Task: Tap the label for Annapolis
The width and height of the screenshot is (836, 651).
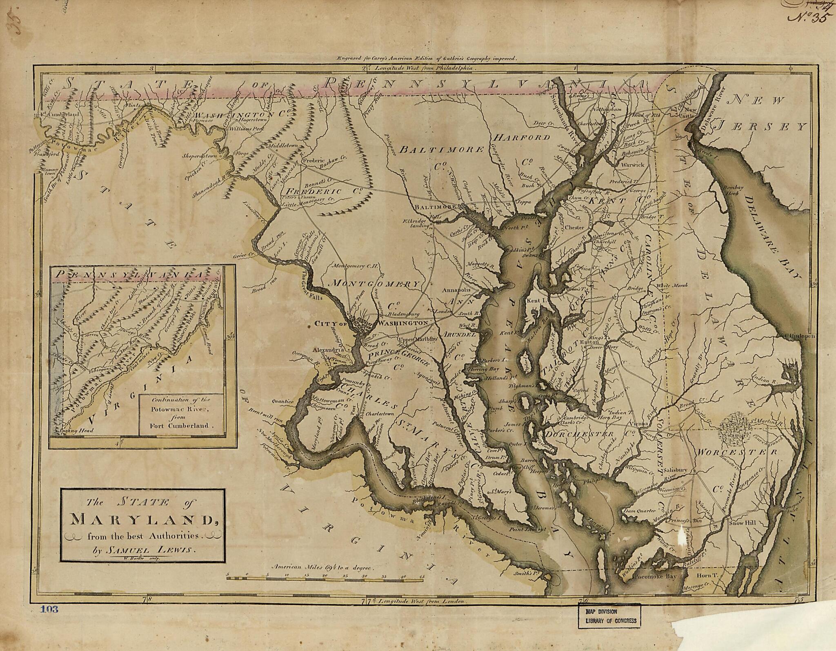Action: [457, 290]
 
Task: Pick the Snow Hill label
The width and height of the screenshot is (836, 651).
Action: [743, 523]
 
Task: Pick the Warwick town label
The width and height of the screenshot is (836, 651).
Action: [632, 165]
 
